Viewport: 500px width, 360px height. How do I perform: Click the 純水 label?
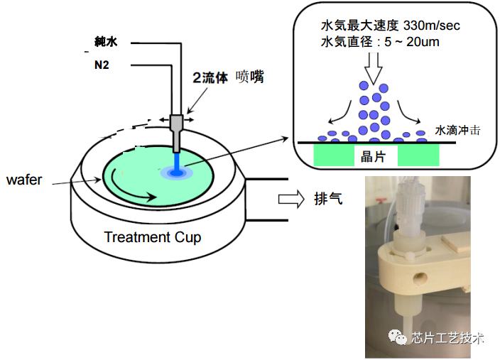click(x=106, y=42)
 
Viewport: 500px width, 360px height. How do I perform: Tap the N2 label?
click(x=102, y=65)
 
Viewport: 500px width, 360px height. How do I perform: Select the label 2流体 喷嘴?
click(x=228, y=77)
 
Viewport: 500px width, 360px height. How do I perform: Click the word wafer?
click(x=24, y=180)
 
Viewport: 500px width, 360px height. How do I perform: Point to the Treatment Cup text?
click(x=153, y=237)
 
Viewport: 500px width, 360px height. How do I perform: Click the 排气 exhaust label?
click(x=328, y=199)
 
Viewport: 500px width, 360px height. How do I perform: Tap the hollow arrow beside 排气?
click(x=291, y=200)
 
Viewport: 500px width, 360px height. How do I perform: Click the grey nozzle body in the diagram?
click(x=176, y=133)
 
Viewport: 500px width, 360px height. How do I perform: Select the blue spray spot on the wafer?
click(x=177, y=173)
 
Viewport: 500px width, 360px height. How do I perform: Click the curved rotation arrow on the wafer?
click(x=128, y=191)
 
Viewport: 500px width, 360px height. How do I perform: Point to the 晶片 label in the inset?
click(x=373, y=156)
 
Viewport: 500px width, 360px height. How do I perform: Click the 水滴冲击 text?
click(x=457, y=130)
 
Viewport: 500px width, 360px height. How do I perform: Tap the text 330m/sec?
click(x=432, y=26)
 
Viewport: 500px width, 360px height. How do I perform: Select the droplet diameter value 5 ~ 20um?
click(x=412, y=42)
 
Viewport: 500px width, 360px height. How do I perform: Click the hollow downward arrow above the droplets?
click(x=373, y=69)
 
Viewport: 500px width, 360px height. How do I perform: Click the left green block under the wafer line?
click(x=335, y=155)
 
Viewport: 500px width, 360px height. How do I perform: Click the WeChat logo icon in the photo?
click(x=397, y=337)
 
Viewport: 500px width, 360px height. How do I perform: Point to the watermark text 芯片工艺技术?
click(x=447, y=338)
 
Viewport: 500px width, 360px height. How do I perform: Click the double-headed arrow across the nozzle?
click(x=176, y=120)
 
